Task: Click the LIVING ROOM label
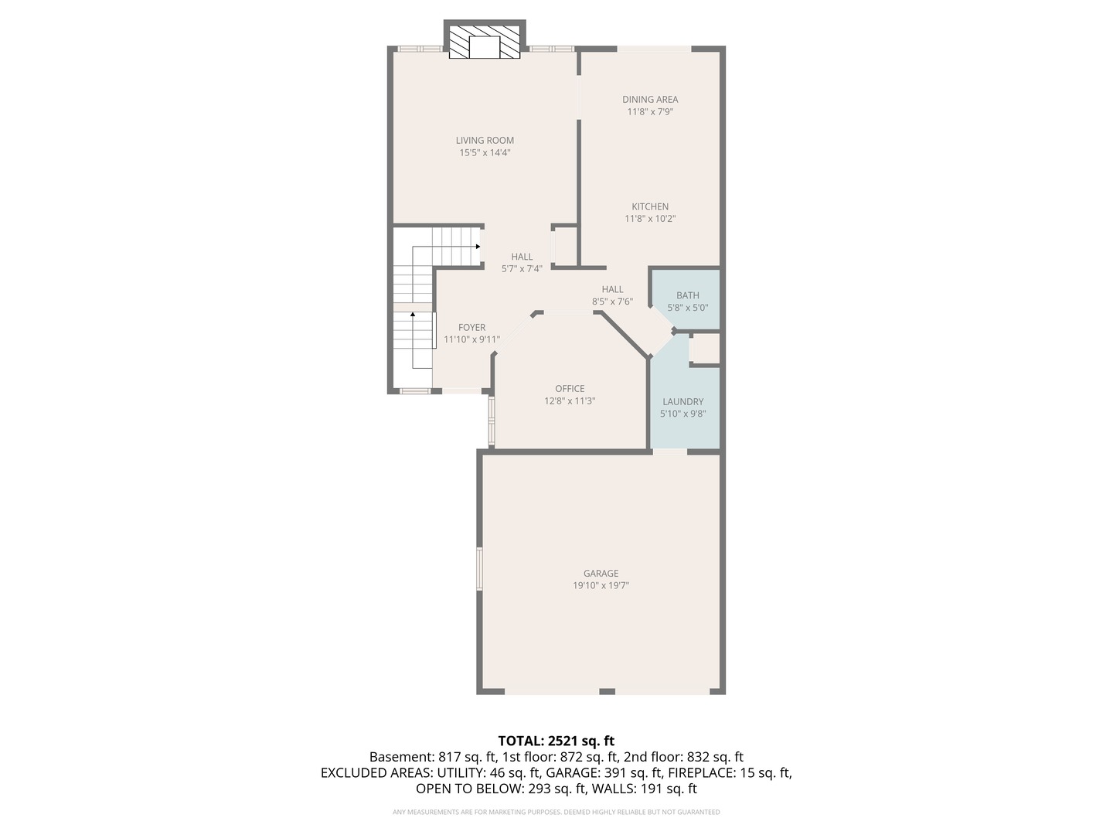[x=485, y=141]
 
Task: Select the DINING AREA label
[x=650, y=99]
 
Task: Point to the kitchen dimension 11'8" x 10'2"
[x=650, y=219]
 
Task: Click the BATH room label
[x=687, y=295]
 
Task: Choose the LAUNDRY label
[x=682, y=402]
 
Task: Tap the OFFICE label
[x=570, y=389]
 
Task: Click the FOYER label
[x=471, y=328]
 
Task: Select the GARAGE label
[x=601, y=574]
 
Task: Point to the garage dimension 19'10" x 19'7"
[x=601, y=586]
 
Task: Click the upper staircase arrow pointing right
[x=478, y=247]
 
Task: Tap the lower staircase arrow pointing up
[x=413, y=315]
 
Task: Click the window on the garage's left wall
[x=479, y=568]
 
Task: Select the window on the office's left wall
[x=491, y=421]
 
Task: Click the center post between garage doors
[x=607, y=691]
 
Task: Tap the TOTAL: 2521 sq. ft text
[x=556, y=741]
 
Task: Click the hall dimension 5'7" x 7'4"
[x=522, y=269]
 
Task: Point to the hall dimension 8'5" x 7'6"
[x=612, y=302]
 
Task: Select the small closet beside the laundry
[x=705, y=349]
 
